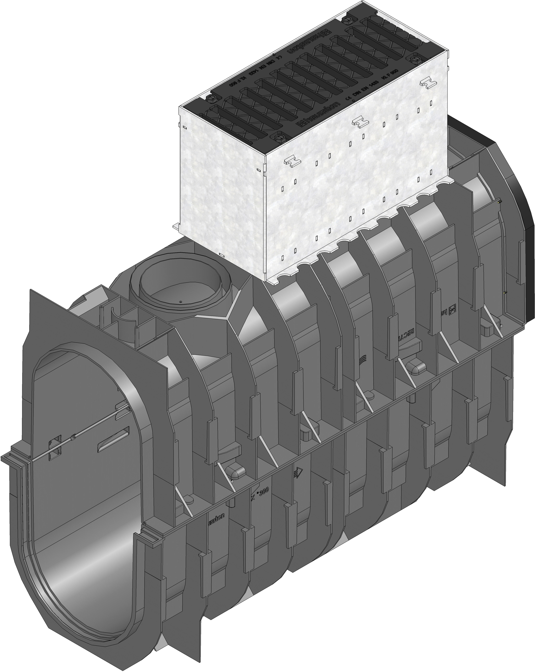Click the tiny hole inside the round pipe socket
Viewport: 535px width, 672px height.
[180, 302]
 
